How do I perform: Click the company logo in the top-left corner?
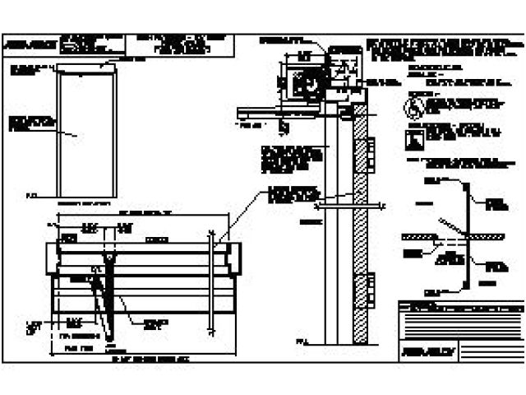pos(23,46)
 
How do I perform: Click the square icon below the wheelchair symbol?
pos(413,137)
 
